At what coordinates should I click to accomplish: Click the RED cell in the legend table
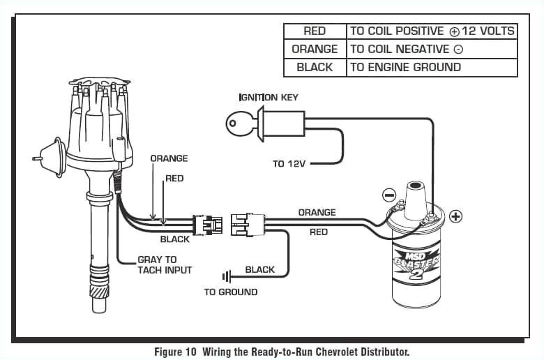(x=315, y=31)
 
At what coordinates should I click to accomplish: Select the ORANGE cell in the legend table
(x=315, y=49)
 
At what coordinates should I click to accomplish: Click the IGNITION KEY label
(x=269, y=97)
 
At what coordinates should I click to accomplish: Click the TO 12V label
(x=288, y=164)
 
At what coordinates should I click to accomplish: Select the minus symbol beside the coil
(x=390, y=195)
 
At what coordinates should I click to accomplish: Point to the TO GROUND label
(x=230, y=292)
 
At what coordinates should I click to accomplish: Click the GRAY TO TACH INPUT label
(x=164, y=264)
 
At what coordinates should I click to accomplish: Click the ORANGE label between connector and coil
(x=317, y=212)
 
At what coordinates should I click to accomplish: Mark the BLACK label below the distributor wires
(x=174, y=239)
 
